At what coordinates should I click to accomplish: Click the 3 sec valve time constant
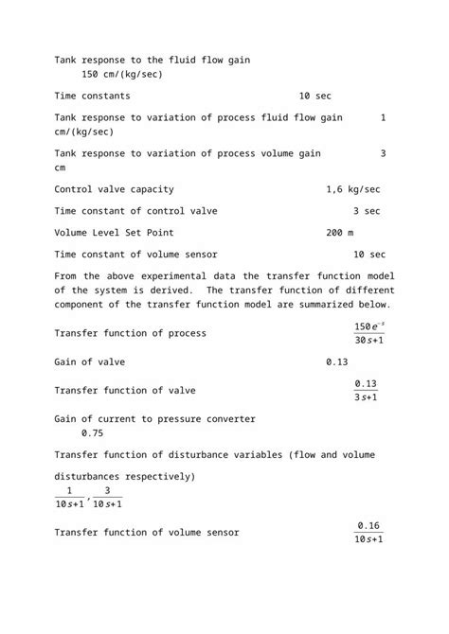(x=367, y=210)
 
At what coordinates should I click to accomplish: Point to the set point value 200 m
(x=339, y=232)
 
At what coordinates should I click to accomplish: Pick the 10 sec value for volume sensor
(x=368, y=254)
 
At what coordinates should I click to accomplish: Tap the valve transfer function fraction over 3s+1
(x=366, y=390)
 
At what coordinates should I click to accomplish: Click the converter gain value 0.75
(x=93, y=432)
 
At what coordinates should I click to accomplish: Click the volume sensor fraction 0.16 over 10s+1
(x=368, y=532)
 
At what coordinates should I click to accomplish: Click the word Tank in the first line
(x=67, y=60)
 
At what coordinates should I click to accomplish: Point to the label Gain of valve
(x=89, y=362)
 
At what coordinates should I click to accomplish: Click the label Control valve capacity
(x=114, y=189)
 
